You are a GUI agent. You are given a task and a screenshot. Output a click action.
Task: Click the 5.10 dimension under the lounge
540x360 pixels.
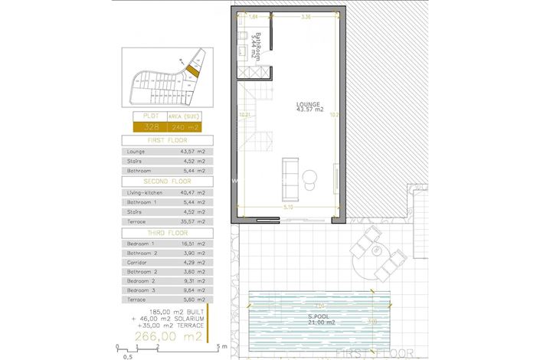pos(287,207)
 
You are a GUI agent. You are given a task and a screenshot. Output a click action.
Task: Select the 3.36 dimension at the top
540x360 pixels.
pos(306,16)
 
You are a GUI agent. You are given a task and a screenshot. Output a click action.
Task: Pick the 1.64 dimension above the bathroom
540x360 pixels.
pos(254,16)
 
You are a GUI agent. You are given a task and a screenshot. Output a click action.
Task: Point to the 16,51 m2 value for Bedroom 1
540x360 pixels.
pos(191,244)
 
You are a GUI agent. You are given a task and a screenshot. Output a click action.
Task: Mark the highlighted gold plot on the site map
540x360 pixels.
pos(192,69)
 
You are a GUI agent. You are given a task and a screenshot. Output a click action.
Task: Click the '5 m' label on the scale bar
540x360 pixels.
pos(221,347)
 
